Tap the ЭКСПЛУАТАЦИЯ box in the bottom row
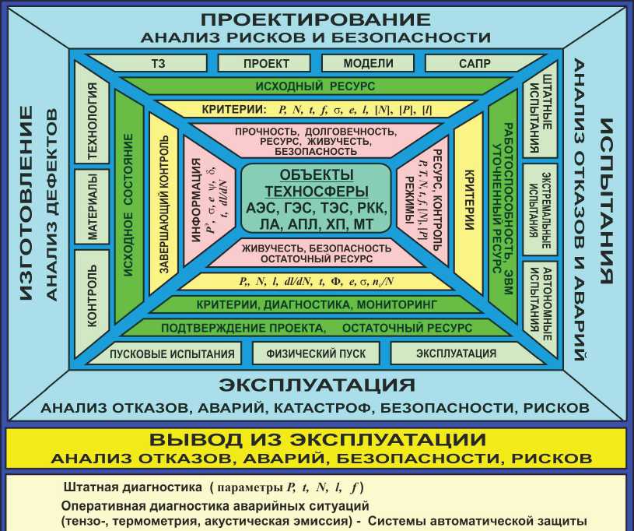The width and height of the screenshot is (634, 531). (456, 353)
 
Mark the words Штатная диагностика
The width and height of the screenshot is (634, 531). (133, 488)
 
